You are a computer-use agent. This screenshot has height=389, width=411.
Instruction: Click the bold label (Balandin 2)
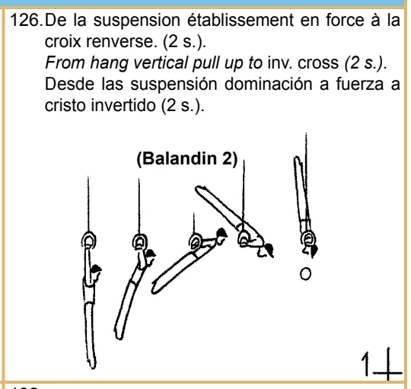point(180,162)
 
